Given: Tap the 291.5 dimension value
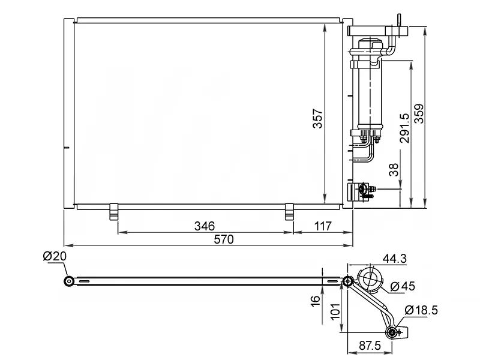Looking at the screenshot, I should [x=404, y=128].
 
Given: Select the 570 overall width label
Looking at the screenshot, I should [x=223, y=239].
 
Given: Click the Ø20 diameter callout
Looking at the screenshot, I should [x=55, y=257].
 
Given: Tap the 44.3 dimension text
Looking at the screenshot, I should [x=394, y=259].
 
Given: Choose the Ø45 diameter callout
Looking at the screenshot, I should [x=403, y=286].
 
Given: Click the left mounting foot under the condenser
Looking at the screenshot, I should [x=113, y=212].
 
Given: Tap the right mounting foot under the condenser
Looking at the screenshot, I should [x=289, y=212].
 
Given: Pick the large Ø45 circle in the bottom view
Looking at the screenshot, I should [x=370, y=281].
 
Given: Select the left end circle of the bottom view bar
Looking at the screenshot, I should [x=70, y=281].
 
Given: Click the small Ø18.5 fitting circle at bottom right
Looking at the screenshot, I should [x=393, y=332].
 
